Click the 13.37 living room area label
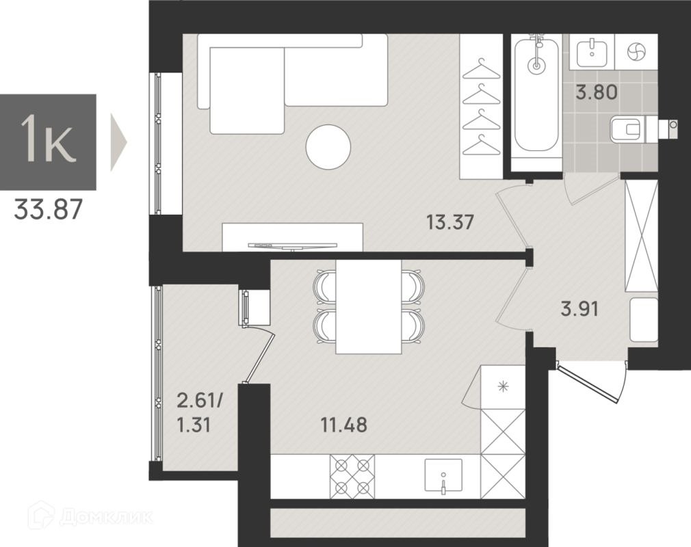pyautogui.click(x=449, y=222)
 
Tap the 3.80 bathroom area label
pyautogui.click(x=597, y=93)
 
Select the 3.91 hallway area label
pyautogui.click(x=579, y=309)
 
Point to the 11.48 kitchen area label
pyautogui.click(x=343, y=425)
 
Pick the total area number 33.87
pyautogui.click(x=48, y=209)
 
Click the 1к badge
pyautogui.click(x=48, y=142)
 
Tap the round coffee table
pyautogui.click(x=328, y=146)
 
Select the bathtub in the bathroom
pyautogui.click(x=536, y=94)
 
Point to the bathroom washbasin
pyautogui.click(x=591, y=51)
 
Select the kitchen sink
pyautogui.click(x=443, y=476)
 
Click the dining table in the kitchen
pyautogui.click(x=368, y=306)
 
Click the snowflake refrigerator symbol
pyautogui.click(x=502, y=387)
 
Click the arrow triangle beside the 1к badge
pyautogui.click(x=118, y=142)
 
